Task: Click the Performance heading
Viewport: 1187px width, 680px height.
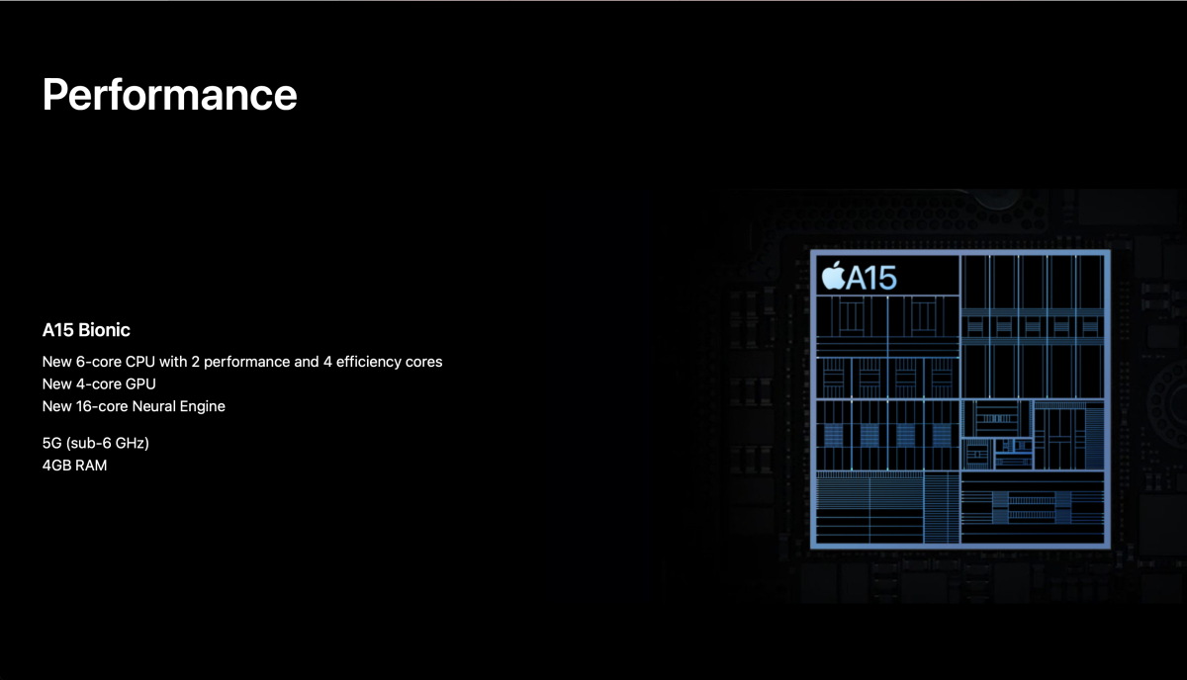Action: point(169,94)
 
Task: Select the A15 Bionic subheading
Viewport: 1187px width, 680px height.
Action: point(86,330)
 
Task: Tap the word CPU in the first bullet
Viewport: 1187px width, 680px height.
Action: point(139,362)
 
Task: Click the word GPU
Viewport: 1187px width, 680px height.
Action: point(140,383)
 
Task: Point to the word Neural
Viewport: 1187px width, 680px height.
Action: point(153,406)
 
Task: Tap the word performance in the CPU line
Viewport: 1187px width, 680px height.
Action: point(247,363)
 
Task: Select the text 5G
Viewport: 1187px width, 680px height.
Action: point(51,443)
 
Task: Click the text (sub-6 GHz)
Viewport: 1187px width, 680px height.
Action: point(108,443)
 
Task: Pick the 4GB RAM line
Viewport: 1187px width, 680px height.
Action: point(75,466)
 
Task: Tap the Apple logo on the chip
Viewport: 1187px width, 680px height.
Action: point(833,276)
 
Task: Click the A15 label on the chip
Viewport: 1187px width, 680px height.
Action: point(871,278)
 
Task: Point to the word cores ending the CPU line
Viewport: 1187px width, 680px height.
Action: point(424,363)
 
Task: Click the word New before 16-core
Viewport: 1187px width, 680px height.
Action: point(57,406)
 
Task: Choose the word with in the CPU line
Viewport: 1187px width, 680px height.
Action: point(173,362)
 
